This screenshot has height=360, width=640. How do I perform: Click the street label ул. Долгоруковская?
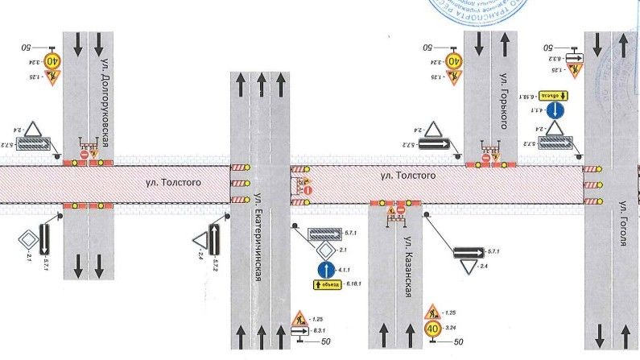105,101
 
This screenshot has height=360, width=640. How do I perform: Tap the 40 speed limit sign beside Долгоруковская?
53,60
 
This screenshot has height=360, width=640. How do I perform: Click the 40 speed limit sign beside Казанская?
432,329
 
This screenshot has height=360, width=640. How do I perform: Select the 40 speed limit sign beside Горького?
456,60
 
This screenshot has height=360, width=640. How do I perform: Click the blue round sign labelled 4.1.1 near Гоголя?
555,110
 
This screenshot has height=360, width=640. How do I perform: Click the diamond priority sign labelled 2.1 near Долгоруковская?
30,239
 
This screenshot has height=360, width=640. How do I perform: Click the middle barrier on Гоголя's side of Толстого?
593,184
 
